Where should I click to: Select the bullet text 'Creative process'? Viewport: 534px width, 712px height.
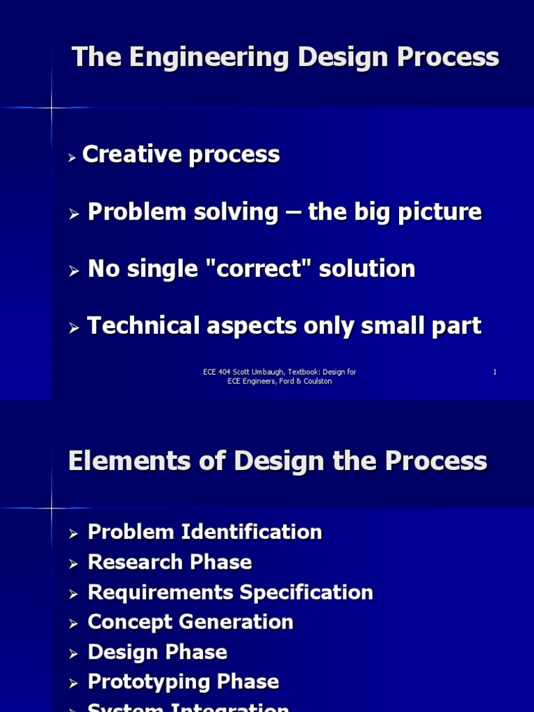(x=181, y=155)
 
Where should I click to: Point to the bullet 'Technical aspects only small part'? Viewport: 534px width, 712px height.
(x=284, y=326)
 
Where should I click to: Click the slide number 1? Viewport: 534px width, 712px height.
(x=495, y=372)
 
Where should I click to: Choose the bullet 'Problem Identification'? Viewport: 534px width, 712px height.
(x=205, y=533)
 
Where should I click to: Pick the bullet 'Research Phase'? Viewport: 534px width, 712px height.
(x=170, y=563)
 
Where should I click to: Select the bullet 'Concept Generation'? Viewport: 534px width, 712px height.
(x=191, y=622)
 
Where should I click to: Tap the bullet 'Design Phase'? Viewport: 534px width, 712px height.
(x=157, y=652)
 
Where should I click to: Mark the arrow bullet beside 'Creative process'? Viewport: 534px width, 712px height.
(x=72, y=159)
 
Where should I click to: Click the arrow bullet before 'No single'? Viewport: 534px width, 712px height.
(x=75, y=272)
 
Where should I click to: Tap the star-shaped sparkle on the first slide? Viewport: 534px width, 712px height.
(x=51, y=108)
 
